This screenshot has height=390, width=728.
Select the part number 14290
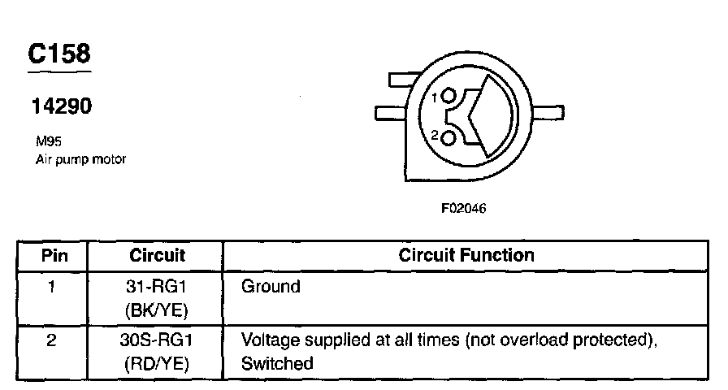pyautogui.click(x=61, y=106)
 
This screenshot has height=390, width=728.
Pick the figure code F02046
pyautogui.click(x=464, y=208)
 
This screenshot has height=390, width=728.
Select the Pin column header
pyautogui.click(x=51, y=255)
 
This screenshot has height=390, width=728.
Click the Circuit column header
pyautogui.click(x=157, y=255)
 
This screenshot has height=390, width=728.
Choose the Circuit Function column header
pyautogui.click(x=466, y=255)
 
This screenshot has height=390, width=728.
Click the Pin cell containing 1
pyautogui.click(x=51, y=286)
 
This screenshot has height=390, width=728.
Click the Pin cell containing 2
pyautogui.click(x=51, y=341)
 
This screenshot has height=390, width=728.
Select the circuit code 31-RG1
pyautogui.click(x=158, y=286)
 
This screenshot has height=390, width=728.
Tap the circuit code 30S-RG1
pyautogui.click(x=158, y=341)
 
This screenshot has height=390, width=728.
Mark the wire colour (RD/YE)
pyautogui.click(x=158, y=364)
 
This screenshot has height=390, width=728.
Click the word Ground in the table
pyautogui.click(x=271, y=286)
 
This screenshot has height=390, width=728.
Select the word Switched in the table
pyautogui.click(x=277, y=364)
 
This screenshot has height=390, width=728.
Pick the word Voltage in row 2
pyautogui.click(x=268, y=341)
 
